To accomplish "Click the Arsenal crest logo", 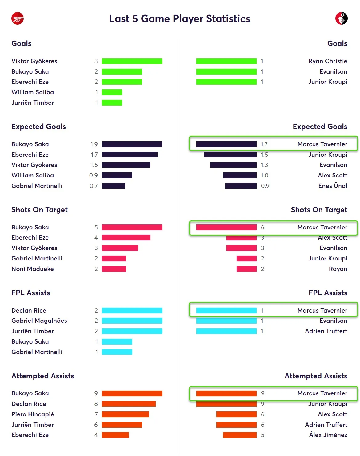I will tap(18, 18).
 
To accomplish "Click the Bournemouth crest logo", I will tap(341, 18).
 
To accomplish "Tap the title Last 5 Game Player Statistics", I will tap(179, 19).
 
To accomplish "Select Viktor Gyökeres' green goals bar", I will tap(132, 61).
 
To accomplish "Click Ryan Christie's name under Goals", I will tap(328, 61).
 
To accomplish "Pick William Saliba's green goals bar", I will tap(112, 92).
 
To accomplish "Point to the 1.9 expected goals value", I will tap(94, 144).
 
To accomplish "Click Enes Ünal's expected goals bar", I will tap(241, 186).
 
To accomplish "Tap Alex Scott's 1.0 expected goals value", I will tap(264, 176).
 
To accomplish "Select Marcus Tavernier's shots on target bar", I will tap(226, 228).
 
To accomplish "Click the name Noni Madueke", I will tap(33, 269).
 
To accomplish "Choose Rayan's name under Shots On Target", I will tap(338, 269).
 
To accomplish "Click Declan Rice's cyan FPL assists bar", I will tap(132, 310).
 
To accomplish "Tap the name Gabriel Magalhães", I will tap(39, 321).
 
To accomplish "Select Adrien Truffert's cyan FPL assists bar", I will tap(226, 331).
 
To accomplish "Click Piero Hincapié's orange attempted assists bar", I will tap(125, 414).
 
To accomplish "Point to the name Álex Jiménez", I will tap(328, 435).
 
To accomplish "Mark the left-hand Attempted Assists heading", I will tap(43, 376).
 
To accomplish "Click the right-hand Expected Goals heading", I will tap(320, 127).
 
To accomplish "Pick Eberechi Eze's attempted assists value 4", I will tap(96, 435).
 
